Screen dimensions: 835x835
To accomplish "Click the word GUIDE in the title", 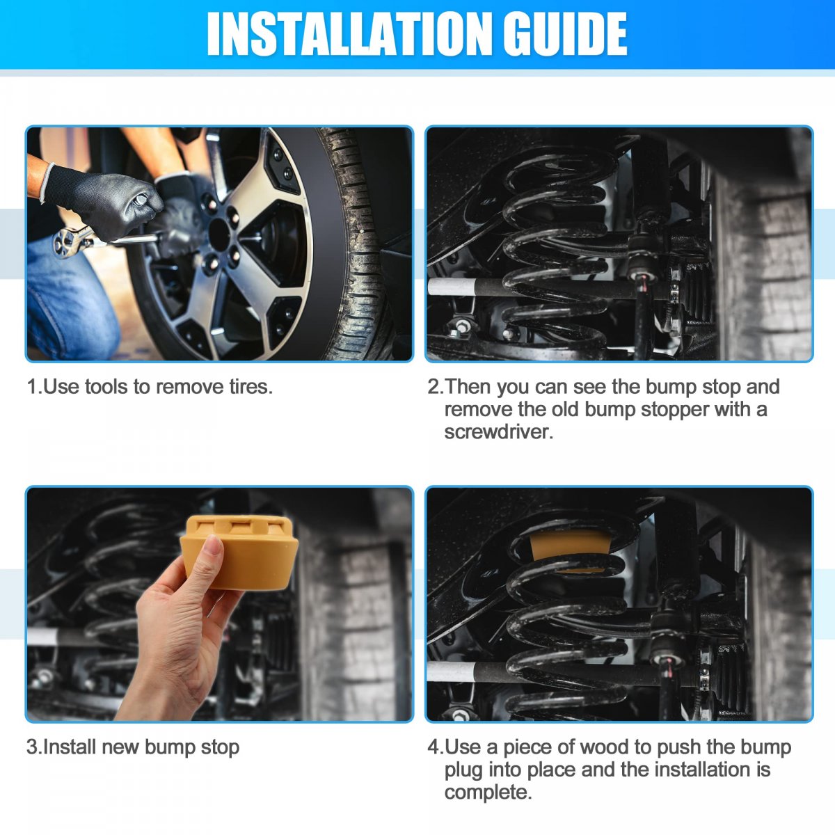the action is point(564,34).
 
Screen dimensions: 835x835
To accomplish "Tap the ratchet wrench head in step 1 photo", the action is point(70,242).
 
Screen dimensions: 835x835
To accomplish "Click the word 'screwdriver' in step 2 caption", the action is point(498,432).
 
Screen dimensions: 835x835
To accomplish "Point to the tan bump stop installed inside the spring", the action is point(571,548).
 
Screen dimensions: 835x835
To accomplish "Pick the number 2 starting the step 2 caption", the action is point(434,386).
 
